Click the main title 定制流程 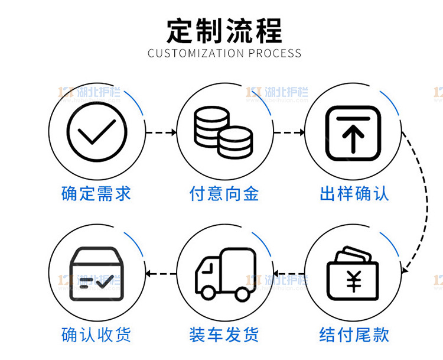[224, 30]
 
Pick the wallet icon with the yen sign [353, 274]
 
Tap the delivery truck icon [224, 274]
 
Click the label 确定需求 [96, 193]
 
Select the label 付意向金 [224, 193]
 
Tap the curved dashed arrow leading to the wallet [424, 201]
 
